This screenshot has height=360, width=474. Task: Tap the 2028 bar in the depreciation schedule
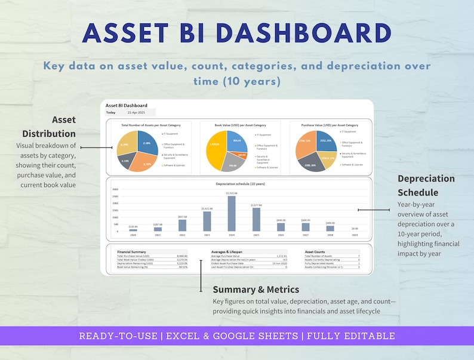point(330,228)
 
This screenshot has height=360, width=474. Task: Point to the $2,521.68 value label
point(232,193)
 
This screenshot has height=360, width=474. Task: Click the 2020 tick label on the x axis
point(133,235)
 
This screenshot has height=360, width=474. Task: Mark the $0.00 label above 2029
point(355,229)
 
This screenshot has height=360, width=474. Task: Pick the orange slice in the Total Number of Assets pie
point(144,161)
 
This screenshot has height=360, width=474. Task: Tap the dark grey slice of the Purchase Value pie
point(310,163)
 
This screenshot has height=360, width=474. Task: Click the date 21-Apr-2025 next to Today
point(137,112)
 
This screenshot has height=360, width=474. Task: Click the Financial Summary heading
point(132,252)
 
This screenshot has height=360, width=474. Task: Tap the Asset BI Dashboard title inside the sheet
point(127,105)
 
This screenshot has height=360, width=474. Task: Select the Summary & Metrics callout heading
point(256,290)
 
